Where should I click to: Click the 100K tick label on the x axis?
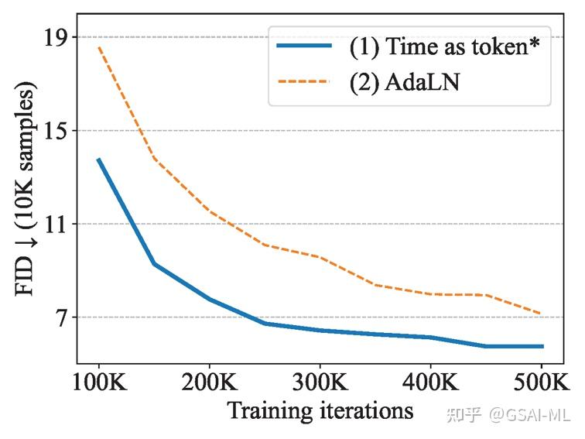pyautogui.click(x=99, y=383)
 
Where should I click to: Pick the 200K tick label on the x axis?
pyautogui.click(x=210, y=383)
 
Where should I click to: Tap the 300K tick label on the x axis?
pyautogui.click(x=320, y=383)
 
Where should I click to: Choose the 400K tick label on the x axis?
pyautogui.click(x=430, y=383)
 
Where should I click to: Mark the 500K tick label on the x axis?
pyautogui.click(x=540, y=383)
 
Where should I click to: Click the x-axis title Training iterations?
pyautogui.click(x=320, y=410)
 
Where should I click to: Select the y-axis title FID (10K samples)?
pyautogui.click(x=25, y=192)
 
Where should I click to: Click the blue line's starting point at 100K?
pyautogui.click(x=99, y=159)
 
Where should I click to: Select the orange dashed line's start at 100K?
pyautogui.click(x=99, y=48)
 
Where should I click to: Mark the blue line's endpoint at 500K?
pyautogui.click(x=542, y=346)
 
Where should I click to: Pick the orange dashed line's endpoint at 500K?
pyautogui.click(x=542, y=314)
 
